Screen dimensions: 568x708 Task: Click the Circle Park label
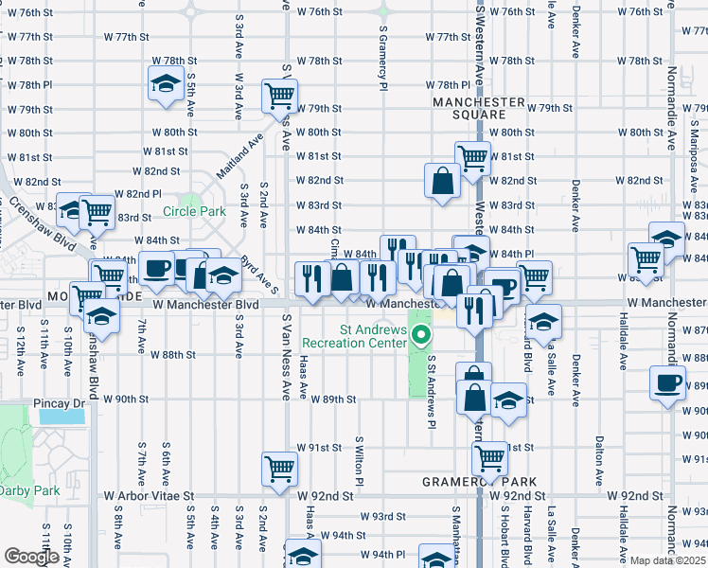(x=194, y=211)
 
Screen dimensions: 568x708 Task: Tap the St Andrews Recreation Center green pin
(x=422, y=334)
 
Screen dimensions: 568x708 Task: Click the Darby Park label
(x=28, y=490)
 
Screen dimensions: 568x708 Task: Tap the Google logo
(x=31, y=557)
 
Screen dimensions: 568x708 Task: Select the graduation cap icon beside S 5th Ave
(x=167, y=83)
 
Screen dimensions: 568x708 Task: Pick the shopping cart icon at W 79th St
(x=280, y=95)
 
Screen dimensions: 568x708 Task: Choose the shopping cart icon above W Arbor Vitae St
(x=280, y=468)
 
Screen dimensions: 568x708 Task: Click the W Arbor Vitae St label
(x=149, y=495)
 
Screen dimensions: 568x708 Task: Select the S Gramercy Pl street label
(x=384, y=57)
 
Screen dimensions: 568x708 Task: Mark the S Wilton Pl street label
(x=359, y=461)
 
